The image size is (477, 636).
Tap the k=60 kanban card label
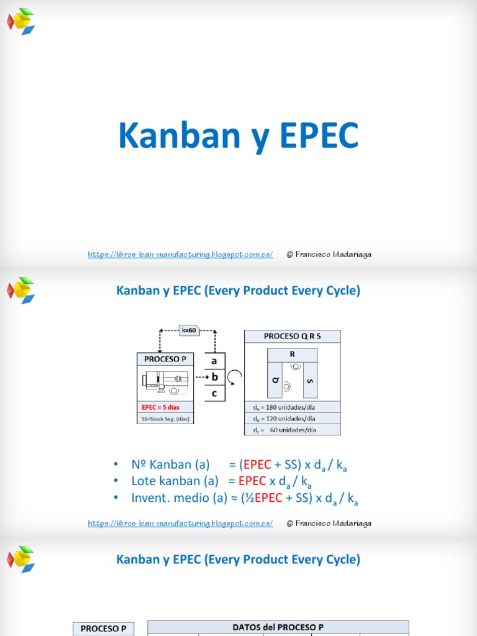189,330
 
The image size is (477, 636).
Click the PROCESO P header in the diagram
165,359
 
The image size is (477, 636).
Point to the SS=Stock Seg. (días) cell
165,419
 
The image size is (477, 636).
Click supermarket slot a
214,361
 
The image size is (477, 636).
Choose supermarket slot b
214,376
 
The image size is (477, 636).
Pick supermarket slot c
214,393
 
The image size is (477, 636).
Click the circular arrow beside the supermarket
235,378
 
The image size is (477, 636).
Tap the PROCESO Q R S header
293,336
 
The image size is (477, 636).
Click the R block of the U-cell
293,353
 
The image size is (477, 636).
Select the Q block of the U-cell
274,379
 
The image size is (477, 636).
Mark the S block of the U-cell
311,379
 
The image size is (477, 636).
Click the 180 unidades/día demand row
293,407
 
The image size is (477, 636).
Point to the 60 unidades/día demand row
293,429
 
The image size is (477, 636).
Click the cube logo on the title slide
21,21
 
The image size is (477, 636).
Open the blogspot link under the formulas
180,524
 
